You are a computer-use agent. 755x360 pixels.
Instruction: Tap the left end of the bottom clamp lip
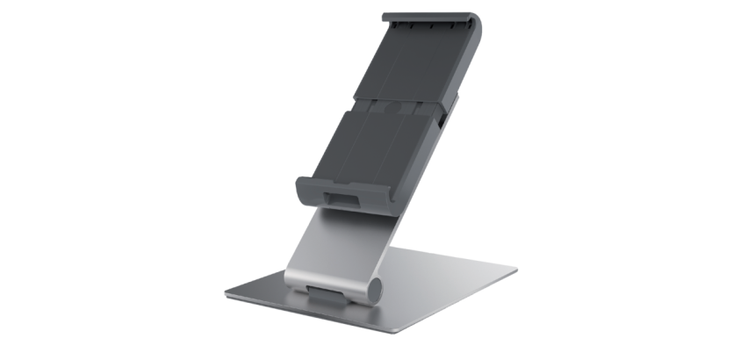tap(303, 187)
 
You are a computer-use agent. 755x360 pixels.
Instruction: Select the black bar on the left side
tap(92, 180)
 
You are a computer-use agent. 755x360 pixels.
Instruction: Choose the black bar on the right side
tap(662, 180)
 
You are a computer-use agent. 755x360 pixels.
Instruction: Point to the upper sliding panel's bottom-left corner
tap(356, 99)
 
